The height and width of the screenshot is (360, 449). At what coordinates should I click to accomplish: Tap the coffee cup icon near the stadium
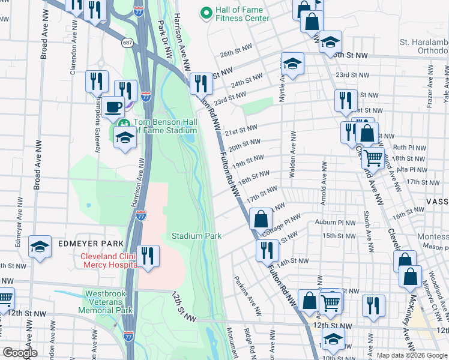coord(112,107)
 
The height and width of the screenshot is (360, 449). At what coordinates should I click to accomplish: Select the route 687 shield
coord(127,43)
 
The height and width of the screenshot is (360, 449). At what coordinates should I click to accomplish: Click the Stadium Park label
coord(197,236)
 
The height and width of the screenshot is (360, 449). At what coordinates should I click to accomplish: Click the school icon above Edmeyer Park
coord(40,246)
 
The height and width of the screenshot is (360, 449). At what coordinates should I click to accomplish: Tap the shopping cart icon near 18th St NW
coord(373,158)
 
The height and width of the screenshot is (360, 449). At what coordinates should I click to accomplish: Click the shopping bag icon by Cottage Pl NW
coord(261,218)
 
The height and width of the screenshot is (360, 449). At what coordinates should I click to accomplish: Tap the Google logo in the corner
coord(20,353)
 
